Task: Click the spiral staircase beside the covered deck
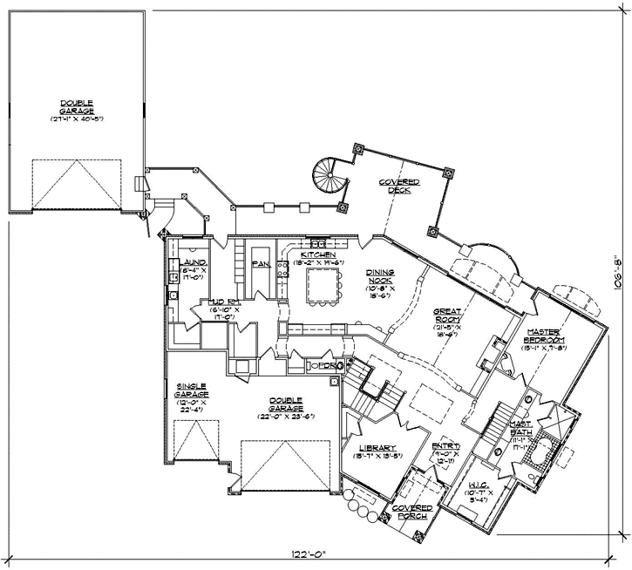click(330, 178)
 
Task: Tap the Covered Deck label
click(398, 187)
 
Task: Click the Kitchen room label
click(318, 254)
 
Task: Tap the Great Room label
click(445, 315)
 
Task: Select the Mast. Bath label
click(521, 426)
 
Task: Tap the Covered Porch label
click(411, 512)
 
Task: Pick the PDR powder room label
click(326, 366)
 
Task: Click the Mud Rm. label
click(224, 305)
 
